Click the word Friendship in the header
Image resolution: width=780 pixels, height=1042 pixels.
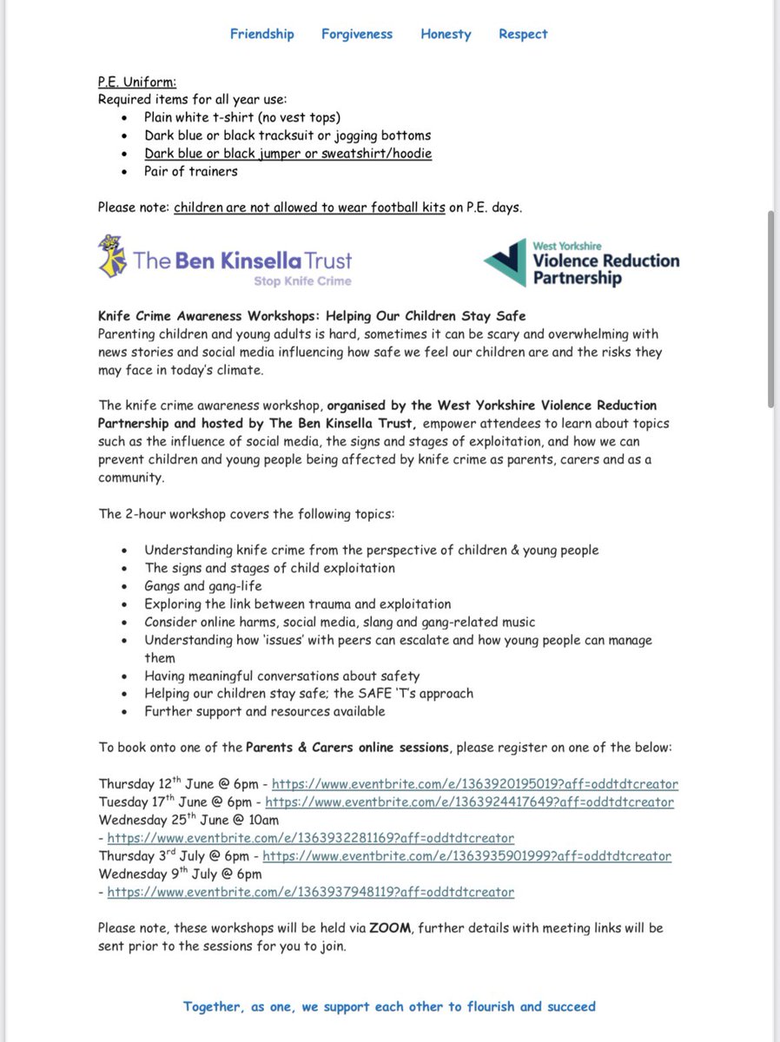(261, 34)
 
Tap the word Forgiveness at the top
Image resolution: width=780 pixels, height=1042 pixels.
(356, 34)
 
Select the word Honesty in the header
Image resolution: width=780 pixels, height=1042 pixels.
(446, 34)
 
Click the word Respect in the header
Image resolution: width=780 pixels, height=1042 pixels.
(523, 34)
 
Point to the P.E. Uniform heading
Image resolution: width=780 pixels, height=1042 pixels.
(136, 82)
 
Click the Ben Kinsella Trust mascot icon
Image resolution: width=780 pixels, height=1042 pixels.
(112, 257)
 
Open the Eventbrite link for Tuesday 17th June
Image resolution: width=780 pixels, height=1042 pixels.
(469, 801)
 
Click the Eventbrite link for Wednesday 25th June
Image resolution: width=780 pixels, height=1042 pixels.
(310, 838)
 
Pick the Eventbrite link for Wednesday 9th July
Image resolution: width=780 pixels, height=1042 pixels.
(310, 892)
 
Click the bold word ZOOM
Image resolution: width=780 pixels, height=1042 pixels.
(387, 928)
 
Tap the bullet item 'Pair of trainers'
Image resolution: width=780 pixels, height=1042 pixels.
(190, 171)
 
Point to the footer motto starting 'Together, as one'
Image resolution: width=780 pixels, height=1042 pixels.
(389, 1006)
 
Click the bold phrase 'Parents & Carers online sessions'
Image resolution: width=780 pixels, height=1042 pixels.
(348, 747)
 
